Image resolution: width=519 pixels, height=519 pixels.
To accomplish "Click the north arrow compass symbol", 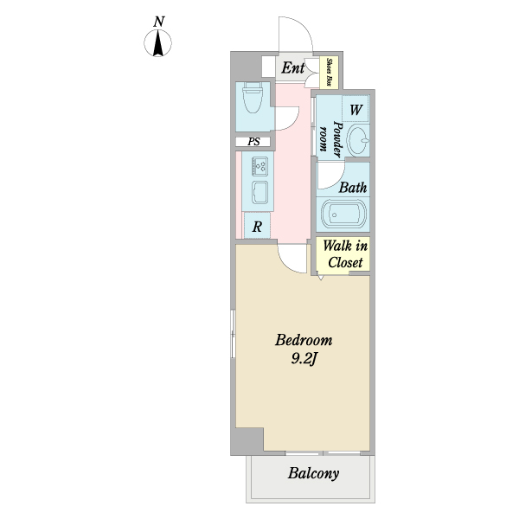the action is pos(158,43).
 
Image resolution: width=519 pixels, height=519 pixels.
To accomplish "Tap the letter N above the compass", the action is pos(158,21).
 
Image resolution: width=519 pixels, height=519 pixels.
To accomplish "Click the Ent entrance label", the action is pos(292,68).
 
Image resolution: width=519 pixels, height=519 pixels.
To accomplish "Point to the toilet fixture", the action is pos(253,101).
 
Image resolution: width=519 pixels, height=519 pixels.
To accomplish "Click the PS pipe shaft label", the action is pos(253,142).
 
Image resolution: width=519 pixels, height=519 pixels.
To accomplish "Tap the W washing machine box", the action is pos(355,109).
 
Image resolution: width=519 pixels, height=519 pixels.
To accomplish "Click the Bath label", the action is pos(352,187).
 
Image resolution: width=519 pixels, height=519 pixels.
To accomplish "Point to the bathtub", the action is pos(343,215).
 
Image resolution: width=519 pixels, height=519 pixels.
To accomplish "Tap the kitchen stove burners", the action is pos(259,165).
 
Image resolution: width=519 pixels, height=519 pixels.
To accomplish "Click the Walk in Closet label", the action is pos(344,253).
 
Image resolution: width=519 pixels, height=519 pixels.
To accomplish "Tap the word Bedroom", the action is pos(298,339).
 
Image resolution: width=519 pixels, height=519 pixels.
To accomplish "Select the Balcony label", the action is pos(313,474).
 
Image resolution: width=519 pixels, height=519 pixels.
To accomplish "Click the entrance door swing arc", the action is pos(295,35).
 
